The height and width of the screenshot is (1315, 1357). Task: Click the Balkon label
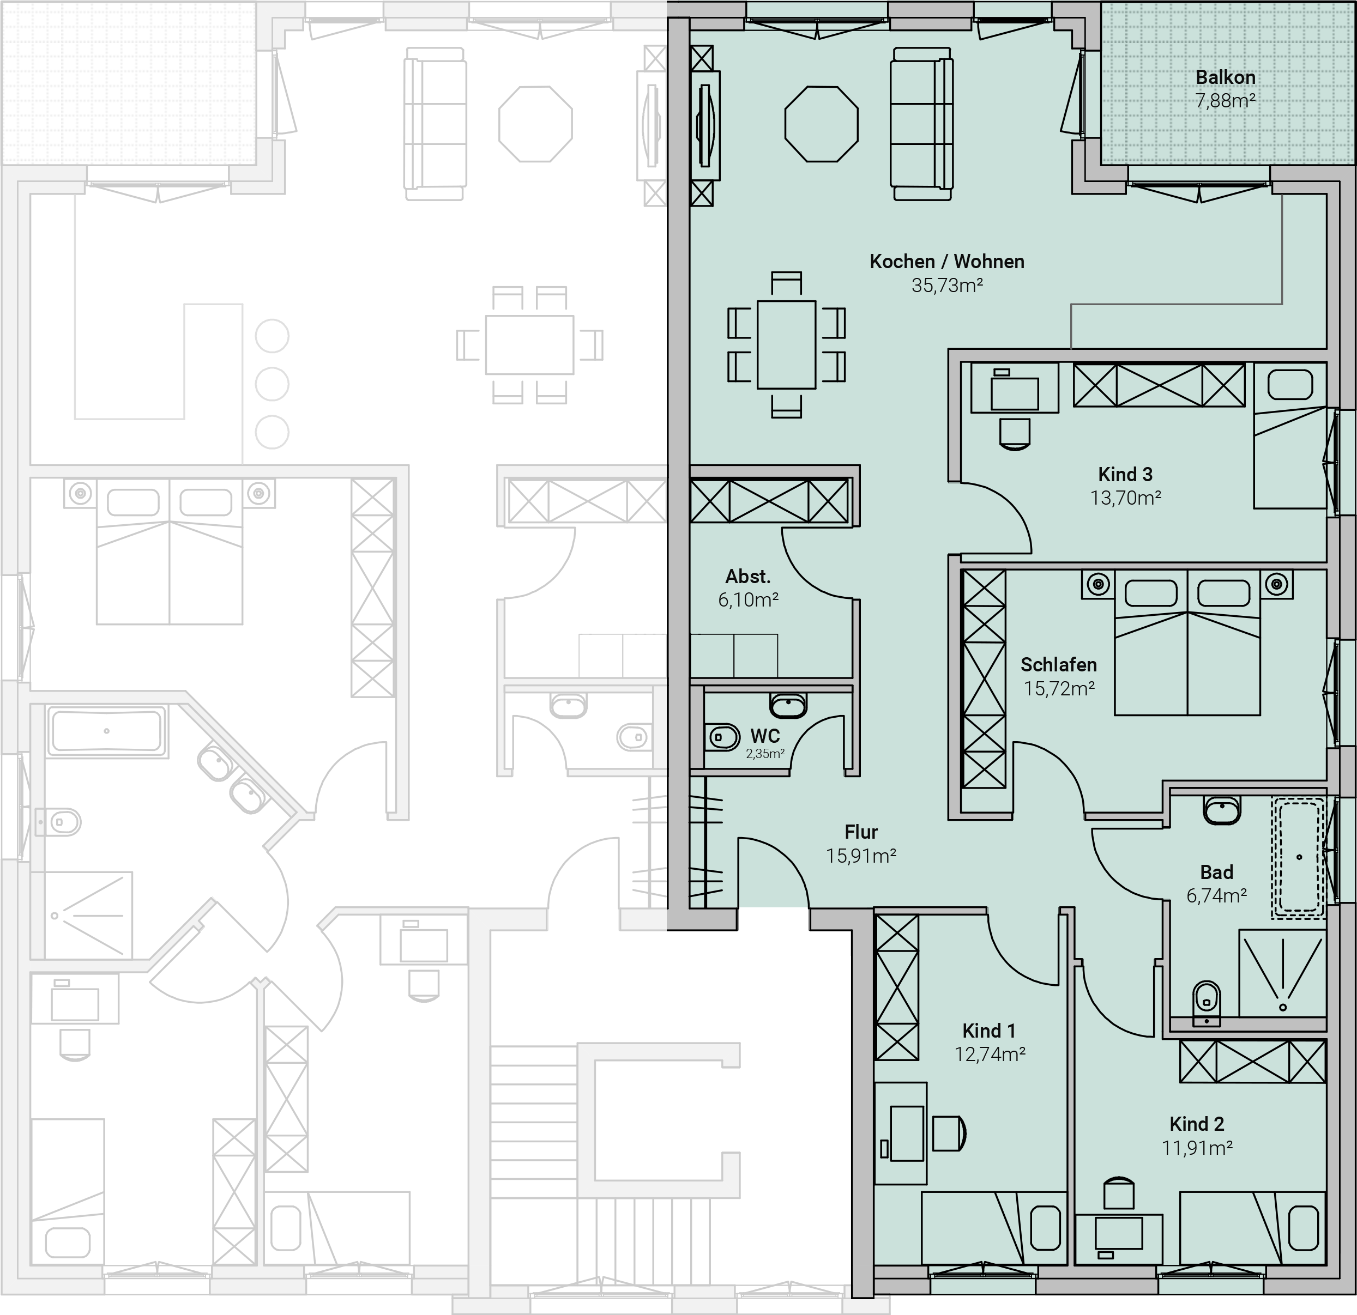click(1226, 77)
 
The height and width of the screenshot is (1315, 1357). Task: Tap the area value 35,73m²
click(947, 285)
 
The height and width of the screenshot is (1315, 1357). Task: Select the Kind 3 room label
click(1125, 474)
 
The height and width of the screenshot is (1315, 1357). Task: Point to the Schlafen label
click(1059, 664)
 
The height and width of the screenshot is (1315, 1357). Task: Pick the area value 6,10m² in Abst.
click(749, 599)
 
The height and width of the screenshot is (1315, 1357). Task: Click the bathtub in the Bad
click(1298, 858)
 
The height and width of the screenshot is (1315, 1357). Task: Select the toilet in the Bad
click(1207, 1002)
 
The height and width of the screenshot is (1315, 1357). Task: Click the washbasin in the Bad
click(1222, 810)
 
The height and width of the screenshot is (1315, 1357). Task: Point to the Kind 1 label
click(988, 1031)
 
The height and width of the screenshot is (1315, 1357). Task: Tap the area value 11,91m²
click(1197, 1148)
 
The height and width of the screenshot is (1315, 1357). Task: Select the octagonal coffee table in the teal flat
click(821, 124)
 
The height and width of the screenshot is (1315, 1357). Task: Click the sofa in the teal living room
click(921, 123)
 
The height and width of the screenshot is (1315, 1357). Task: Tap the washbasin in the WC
click(788, 705)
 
